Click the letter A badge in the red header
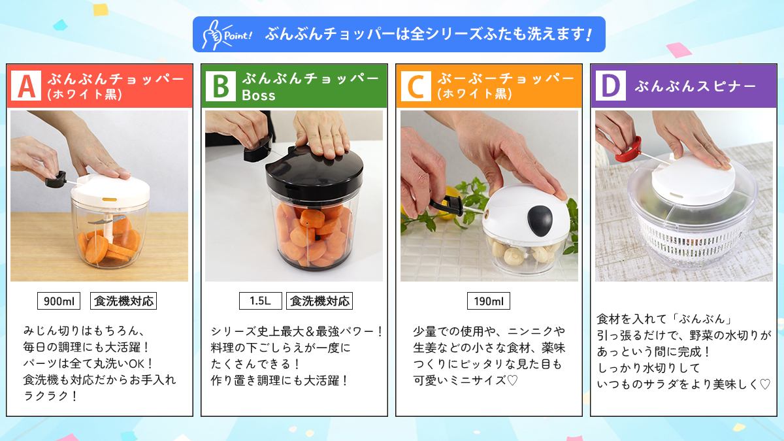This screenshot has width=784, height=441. (x=27, y=86)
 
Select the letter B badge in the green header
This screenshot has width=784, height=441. (x=221, y=86)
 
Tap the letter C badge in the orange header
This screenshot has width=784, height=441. (x=416, y=86)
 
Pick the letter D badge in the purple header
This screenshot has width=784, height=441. (x=610, y=86)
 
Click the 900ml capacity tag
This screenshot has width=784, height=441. (x=58, y=301)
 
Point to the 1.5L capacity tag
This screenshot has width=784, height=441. (x=260, y=301)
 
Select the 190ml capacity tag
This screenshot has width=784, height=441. (x=488, y=301)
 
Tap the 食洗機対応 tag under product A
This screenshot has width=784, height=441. (x=123, y=301)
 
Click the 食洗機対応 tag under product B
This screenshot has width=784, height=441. (x=319, y=301)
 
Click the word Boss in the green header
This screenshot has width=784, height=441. (x=259, y=95)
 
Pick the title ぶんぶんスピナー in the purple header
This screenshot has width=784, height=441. (x=695, y=86)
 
